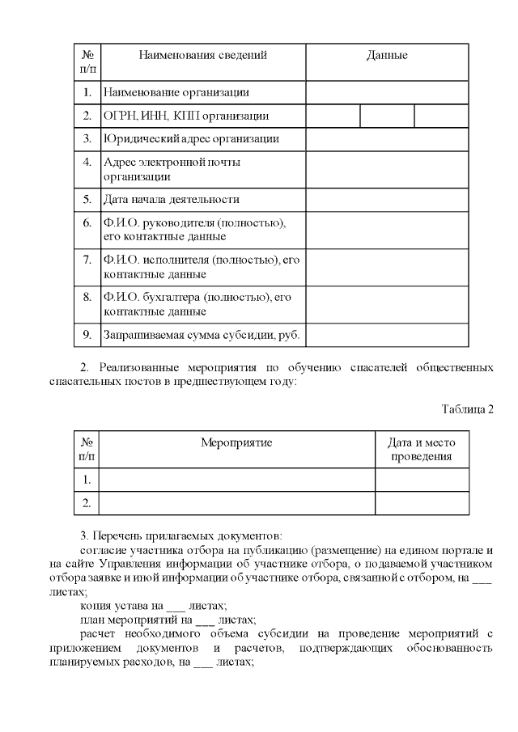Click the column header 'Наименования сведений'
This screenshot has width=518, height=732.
(202, 56)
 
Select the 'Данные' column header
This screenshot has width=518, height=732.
(387, 56)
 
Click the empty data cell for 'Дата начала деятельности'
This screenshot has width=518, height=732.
(387, 199)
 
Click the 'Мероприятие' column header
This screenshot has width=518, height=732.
(236, 442)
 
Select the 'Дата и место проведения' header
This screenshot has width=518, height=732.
(422, 450)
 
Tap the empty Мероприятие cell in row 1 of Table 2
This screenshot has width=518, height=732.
(236, 480)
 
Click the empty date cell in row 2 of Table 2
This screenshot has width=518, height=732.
(422, 503)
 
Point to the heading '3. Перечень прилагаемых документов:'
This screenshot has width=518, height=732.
(181, 535)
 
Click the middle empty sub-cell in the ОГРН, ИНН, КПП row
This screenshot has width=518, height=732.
(387, 116)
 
